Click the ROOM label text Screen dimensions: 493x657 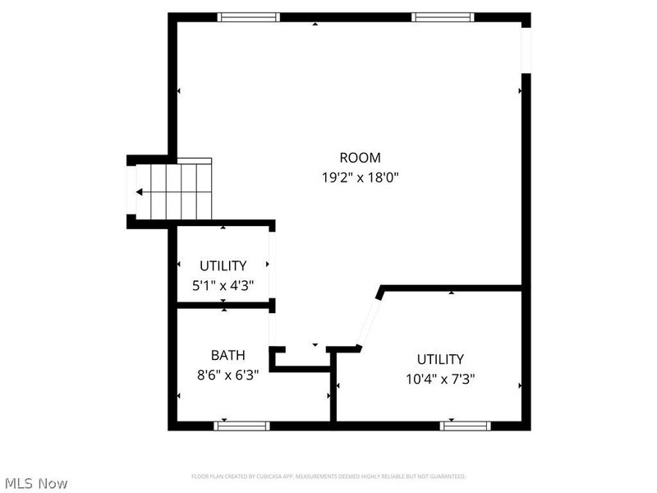(x=360, y=158)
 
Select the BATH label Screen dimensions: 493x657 (x=227, y=356)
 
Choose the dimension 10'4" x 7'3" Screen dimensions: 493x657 (x=440, y=379)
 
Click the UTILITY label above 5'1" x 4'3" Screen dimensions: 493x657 (x=223, y=266)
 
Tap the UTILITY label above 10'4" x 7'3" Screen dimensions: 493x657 (x=440, y=360)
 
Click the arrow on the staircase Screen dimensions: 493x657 (x=140, y=192)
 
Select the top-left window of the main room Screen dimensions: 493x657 (x=248, y=17)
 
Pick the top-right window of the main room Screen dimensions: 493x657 (x=443, y=17)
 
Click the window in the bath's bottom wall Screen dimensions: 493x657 (x=242, y=426)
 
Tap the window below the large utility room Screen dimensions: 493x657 (x=465, y=426)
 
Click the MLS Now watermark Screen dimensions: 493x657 (x=36, y=483)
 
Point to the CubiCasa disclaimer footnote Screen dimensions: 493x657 (x=328, y=477)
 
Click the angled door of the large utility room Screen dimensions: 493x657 (x=368, y=320)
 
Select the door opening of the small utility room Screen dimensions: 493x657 (x=271, y=264)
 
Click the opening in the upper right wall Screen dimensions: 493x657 (x=526, y=48)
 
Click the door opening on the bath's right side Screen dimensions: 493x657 (x=271, y=329)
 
